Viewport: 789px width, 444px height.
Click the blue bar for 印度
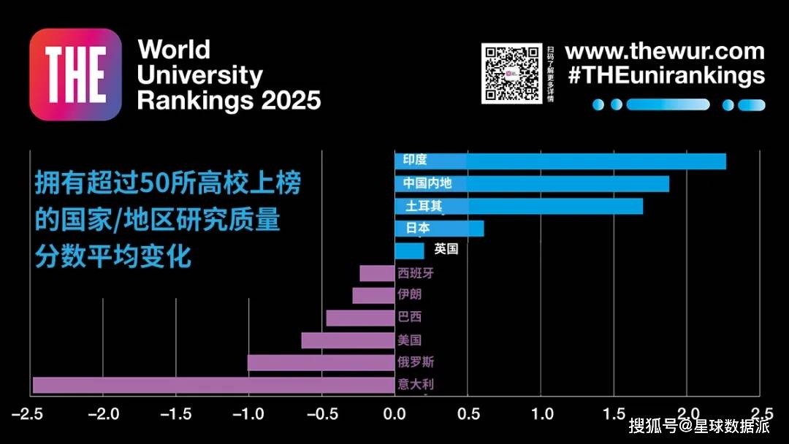coord(560,161)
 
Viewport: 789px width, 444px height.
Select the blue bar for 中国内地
coord(532,183)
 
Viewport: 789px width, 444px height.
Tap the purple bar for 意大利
coord(213,385)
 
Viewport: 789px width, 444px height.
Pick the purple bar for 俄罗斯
coord(321,362)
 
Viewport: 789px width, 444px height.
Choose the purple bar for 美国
coord(348,340)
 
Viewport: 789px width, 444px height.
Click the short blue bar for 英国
coord(409,250)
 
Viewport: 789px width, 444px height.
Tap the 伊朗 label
coord(409,295)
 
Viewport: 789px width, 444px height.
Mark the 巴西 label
coord(409,318)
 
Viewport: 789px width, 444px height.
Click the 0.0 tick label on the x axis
coord(394,414)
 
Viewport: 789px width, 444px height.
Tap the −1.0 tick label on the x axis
coord(248,414)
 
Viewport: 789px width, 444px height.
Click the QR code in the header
coord(511,73)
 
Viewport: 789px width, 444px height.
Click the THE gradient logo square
coord(75,74)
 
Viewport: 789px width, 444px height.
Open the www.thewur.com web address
coord(665,52)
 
